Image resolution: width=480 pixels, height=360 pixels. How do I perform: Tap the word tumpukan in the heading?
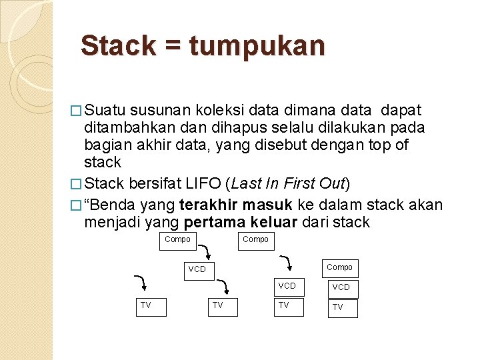(257, 47)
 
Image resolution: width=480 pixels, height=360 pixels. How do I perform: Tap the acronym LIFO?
(205, 184)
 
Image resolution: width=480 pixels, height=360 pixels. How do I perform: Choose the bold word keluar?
(272, 222)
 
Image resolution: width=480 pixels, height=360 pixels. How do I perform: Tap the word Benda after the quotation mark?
(112, 205)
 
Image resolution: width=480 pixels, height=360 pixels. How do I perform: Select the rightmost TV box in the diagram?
(343, 308)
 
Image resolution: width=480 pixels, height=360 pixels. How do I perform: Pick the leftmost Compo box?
(177, 240)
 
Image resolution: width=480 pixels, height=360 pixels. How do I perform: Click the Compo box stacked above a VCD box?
(340, 268)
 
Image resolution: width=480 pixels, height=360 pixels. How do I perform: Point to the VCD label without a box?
(197, 270)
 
